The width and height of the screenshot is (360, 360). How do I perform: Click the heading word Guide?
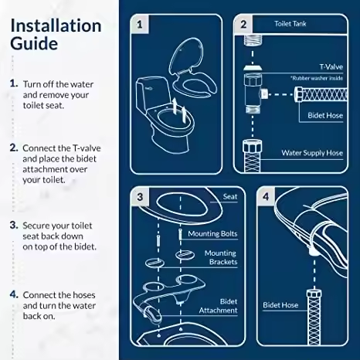coord(33,43)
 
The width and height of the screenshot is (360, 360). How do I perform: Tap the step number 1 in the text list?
coord(14,83)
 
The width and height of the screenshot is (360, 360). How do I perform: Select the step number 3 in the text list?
coord(14,225)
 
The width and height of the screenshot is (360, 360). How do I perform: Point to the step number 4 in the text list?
coord(14,295)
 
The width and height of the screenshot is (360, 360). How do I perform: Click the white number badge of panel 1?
coord(140,24)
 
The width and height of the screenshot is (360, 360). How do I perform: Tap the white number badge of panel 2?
coord(243,24)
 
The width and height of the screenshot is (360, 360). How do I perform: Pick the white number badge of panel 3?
coord(140,197)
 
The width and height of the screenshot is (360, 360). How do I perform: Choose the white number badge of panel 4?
coord(267,197)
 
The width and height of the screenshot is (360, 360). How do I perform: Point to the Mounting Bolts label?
coord(212,233)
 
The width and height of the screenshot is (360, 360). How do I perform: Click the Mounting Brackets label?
coord(220,258)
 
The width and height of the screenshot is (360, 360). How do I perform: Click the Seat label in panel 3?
coord(229,197)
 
